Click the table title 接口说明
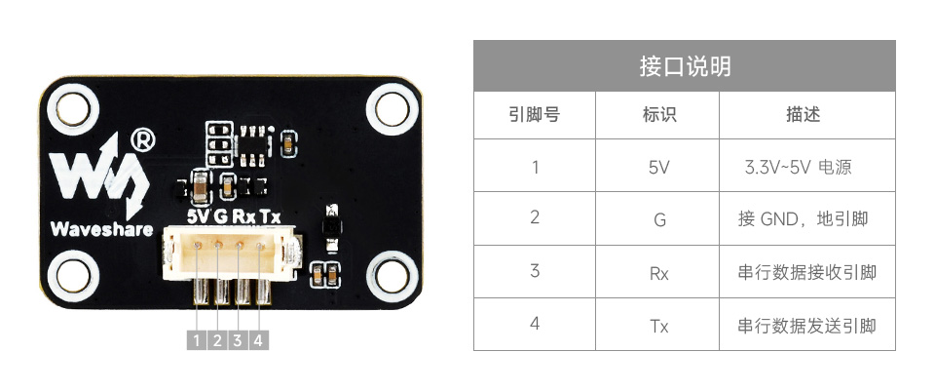[x=685, y=66]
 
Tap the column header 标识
[x=658, y=115]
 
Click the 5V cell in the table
[x=658, y=167]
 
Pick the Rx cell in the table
[x=658, y=272]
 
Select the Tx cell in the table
[x=658, y=325]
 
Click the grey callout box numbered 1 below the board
[x=196, y=340]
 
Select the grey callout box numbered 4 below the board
[x=258, y=340]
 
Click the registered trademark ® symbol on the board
[x=141, y=139]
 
